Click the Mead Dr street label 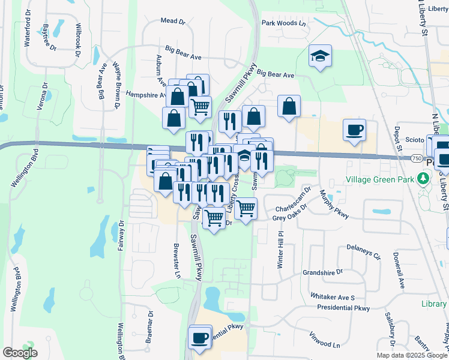[173, 21]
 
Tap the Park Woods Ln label [284, 23]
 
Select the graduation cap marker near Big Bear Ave [320, 58]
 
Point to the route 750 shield [417, 158]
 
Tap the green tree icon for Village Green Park [424, 179]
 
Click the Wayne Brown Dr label [115, 86]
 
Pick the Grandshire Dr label [322, 272]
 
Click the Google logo [20, 352]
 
